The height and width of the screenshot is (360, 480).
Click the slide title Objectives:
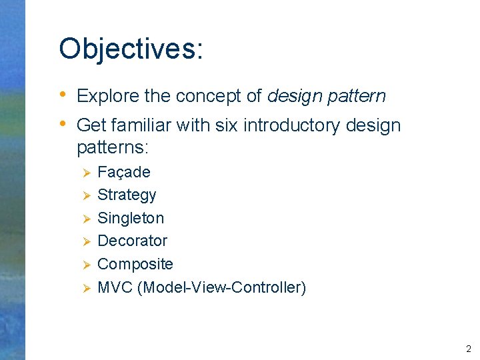click(x=131, y=49)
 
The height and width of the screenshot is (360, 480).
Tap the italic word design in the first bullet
click(x=295, y=96)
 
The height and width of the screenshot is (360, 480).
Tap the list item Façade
click(x=124, y=172)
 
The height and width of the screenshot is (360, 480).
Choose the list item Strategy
click(x=127, y=195)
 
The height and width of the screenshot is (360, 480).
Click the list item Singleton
click(x=131, y=218)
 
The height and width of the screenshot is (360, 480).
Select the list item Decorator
click(x=132, y=241)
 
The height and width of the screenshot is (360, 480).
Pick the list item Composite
click(x=135, y=264)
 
